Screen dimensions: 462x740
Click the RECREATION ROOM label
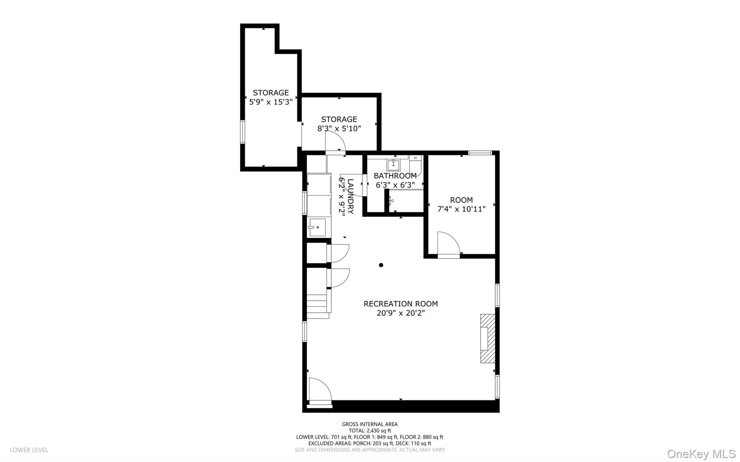[x=400, y=304]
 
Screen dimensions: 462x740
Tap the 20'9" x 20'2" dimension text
[x=400, y=313]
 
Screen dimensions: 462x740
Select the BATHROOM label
[x=395, y=176]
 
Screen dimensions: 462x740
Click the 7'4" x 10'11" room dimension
[x=461, y=209]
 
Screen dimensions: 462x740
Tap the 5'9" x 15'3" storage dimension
[x=271, y=102]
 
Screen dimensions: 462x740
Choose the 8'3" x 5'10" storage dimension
[x=339, y=129]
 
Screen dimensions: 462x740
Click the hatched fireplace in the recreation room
[x=487, y=338]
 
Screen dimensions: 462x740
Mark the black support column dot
[x=381, y=265]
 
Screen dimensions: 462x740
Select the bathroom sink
[x=393, y=165]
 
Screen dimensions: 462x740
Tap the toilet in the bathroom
[x=416, y=166]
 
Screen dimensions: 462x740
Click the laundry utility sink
[x=317, y=228]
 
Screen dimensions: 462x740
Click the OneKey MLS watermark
[x=701, y=454]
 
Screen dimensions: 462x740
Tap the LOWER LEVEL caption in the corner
[x=29, y=450]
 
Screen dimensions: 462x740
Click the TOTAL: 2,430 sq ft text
[x=370, y=431]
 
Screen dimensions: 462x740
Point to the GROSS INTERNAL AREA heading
[x=370, y=424]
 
